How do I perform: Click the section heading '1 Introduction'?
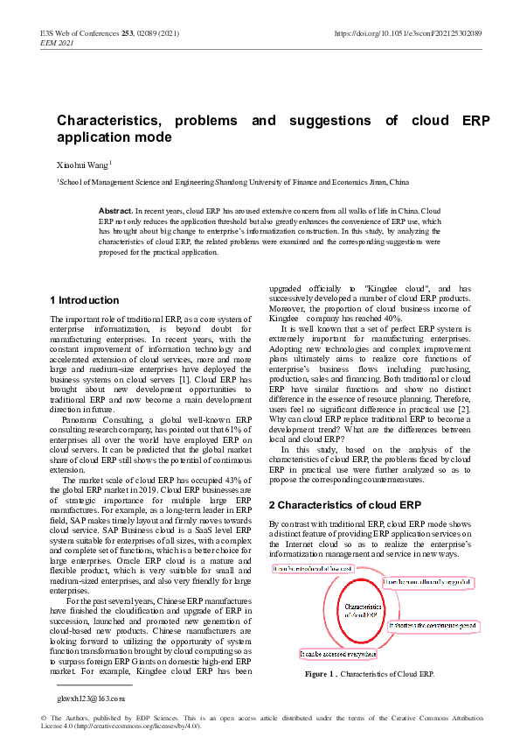click(85, 300)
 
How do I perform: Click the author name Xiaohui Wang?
click(83, 164)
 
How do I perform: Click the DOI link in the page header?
click(407, 33)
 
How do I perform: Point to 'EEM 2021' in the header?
click(59, 42)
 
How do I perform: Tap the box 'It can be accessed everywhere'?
click(338, 653)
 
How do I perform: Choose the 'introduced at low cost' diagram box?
click(314, 569)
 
